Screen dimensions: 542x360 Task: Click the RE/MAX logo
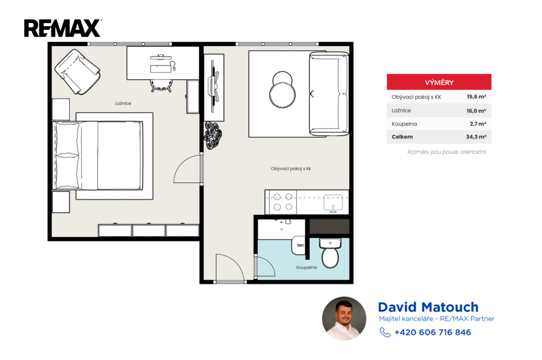62,29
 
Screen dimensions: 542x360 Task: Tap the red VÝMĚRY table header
439,82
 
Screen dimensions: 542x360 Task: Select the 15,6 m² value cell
476,97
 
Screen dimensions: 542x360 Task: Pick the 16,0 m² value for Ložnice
476,111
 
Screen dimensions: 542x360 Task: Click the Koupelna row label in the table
404,124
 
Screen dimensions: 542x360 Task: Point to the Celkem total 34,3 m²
476,137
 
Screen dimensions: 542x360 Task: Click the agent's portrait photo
344,318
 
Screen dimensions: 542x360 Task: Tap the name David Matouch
428,307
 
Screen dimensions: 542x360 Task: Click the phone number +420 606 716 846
432,332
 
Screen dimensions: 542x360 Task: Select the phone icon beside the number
385,332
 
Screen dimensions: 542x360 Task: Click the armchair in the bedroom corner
77,71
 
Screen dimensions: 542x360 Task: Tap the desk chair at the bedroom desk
161,85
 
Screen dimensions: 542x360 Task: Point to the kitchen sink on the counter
333,203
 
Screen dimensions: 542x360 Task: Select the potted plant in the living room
213,135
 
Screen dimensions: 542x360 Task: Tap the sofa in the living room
328,93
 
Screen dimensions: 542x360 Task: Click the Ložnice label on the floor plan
123,103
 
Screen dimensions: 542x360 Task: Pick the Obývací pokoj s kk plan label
291,169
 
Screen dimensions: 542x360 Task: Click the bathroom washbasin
299,245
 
